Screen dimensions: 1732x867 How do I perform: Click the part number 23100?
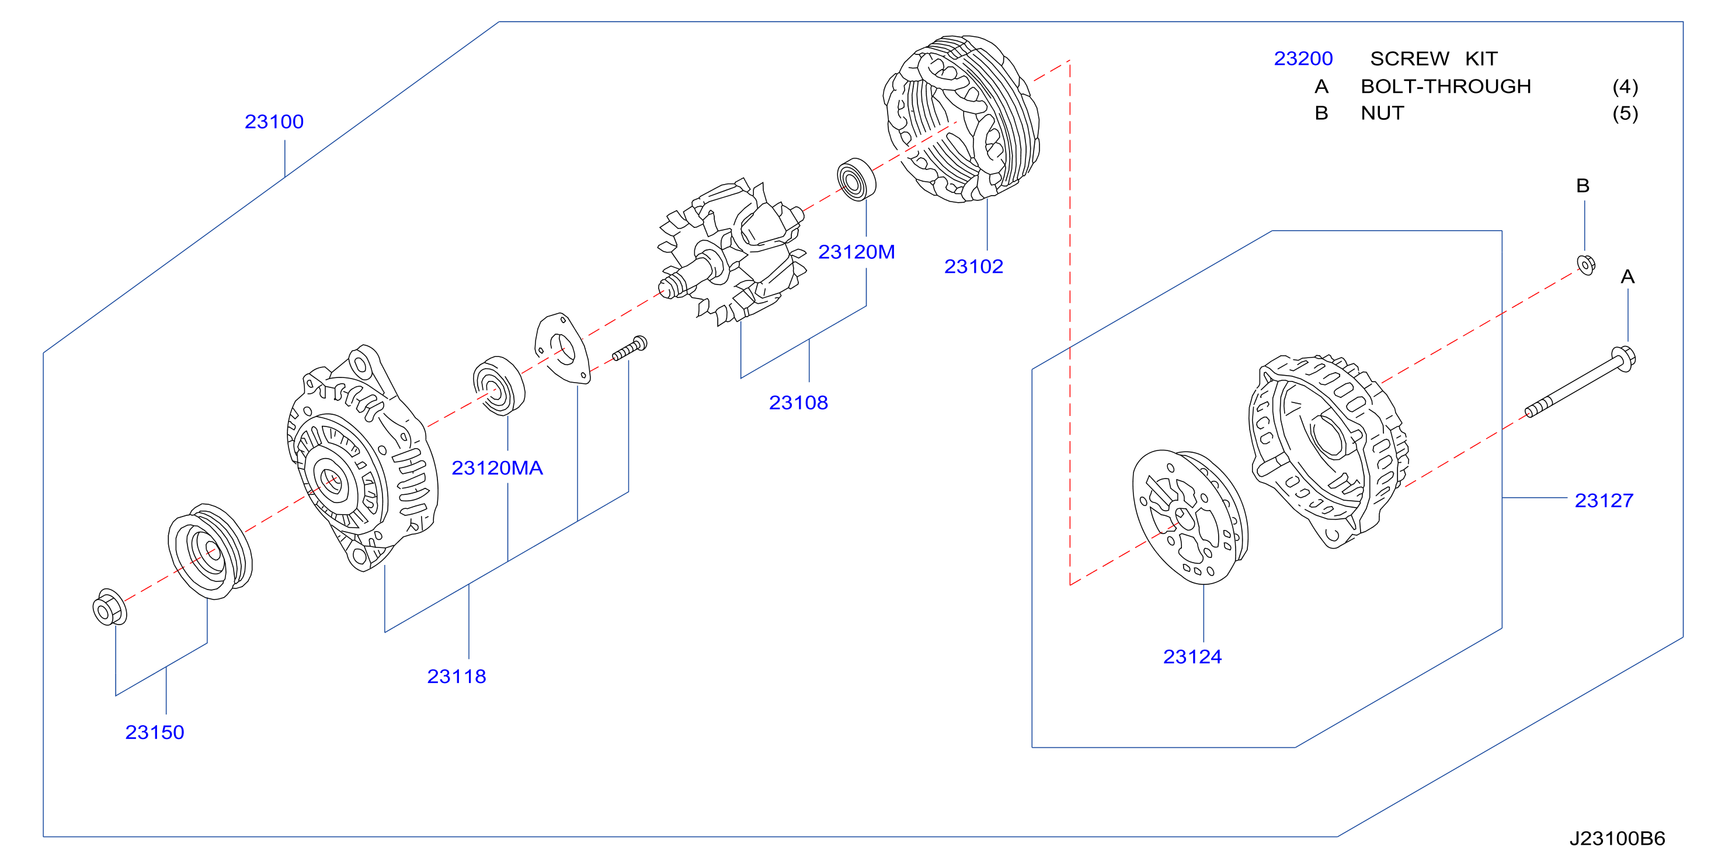point(274,122)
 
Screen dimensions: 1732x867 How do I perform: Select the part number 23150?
point(155,733)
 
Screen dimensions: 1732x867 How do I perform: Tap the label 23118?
point(457,677)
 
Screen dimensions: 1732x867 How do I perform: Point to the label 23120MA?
point(497,468)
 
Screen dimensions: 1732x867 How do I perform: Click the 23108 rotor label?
point(798,403)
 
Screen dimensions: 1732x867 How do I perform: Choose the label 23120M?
point(856,252)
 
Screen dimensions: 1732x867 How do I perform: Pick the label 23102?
point(973,267)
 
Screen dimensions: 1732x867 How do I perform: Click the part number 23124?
point(1192,657)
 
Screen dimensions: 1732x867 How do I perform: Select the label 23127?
point(1604,501)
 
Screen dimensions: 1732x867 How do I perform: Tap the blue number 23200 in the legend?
point(1303,59)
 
